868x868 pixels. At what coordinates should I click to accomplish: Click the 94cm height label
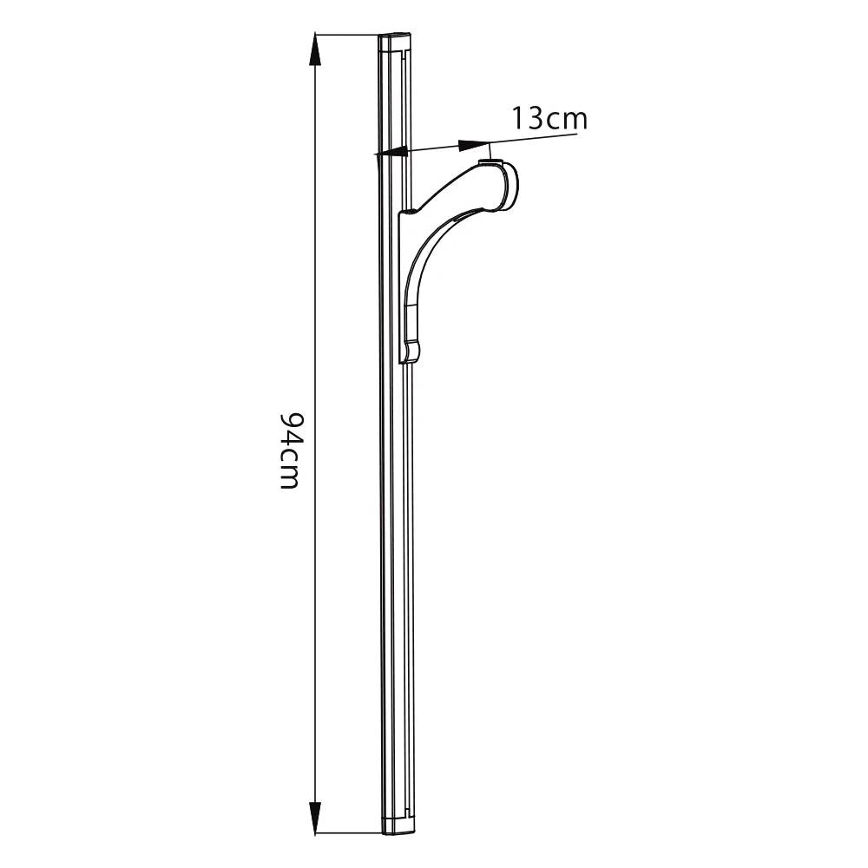coord(290,450)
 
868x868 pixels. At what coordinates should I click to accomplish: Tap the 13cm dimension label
coord(549,118)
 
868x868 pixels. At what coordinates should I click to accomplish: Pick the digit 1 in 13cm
coord(518,118)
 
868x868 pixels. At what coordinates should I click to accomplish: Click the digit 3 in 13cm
coord(535,118)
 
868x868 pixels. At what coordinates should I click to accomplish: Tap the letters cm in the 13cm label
coord(566,120)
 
